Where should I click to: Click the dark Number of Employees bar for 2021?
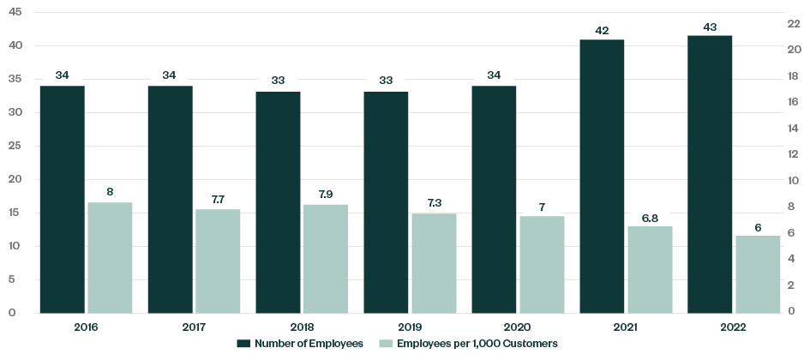[x=602, y=176]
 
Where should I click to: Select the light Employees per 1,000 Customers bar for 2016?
[x=110, y=257]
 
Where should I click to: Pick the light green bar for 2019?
[x=434, y=263]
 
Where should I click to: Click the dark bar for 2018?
[x=278, y=202]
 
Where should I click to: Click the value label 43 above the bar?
[x=710, y=27]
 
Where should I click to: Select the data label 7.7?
[x=218, y=201]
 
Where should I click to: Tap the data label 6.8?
[x=650, y=218]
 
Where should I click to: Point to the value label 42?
[x=602, y=31]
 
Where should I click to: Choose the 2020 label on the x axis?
[x=518, y=327]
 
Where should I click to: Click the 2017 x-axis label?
[x=194, y=327]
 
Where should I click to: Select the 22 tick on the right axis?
[x=794, y=24]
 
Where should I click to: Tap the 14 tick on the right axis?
[x=794, y=129]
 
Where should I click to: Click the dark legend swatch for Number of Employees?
[x=243, y=344]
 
